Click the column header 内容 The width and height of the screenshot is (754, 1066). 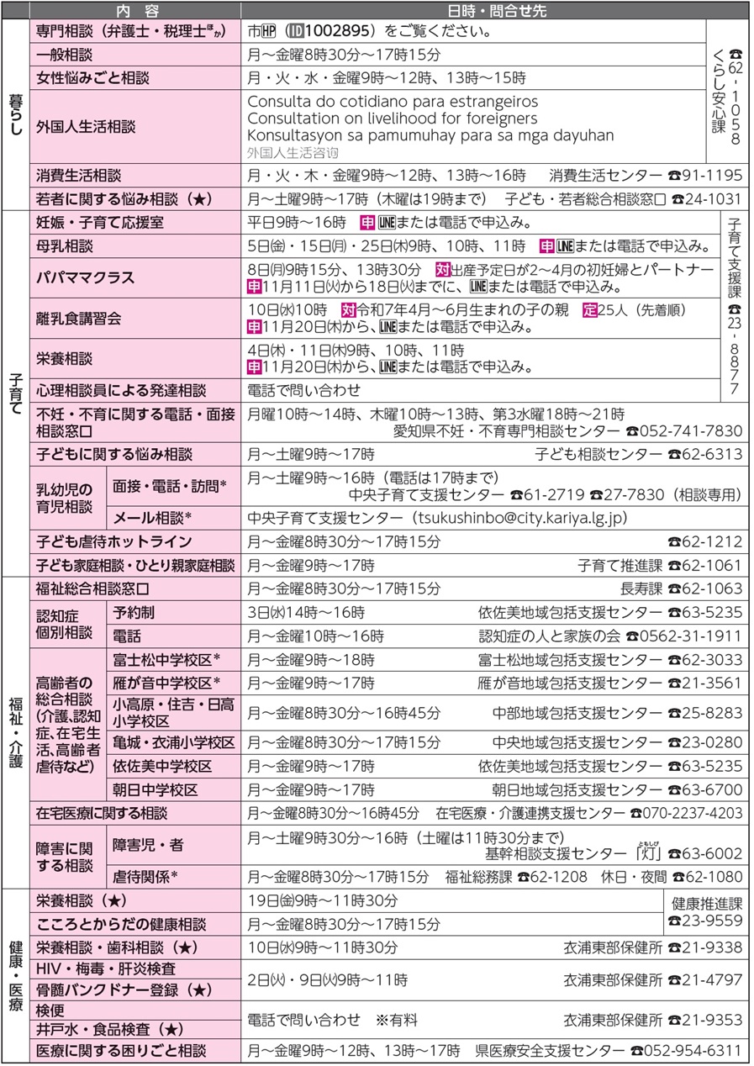[135, 11]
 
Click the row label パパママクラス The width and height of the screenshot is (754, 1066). [86, 277]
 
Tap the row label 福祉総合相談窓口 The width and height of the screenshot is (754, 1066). [92, 588]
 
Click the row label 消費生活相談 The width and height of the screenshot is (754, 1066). [78, 176]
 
